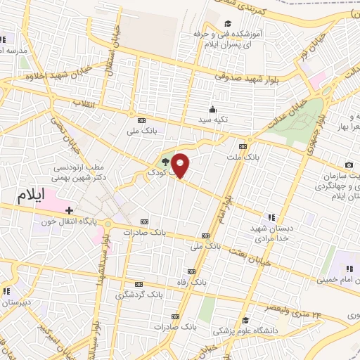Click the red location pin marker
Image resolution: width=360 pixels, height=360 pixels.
pyautogui.click(x=181, y=166)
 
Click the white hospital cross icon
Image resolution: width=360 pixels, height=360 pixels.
pyautogui.click(x=70, y=210)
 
